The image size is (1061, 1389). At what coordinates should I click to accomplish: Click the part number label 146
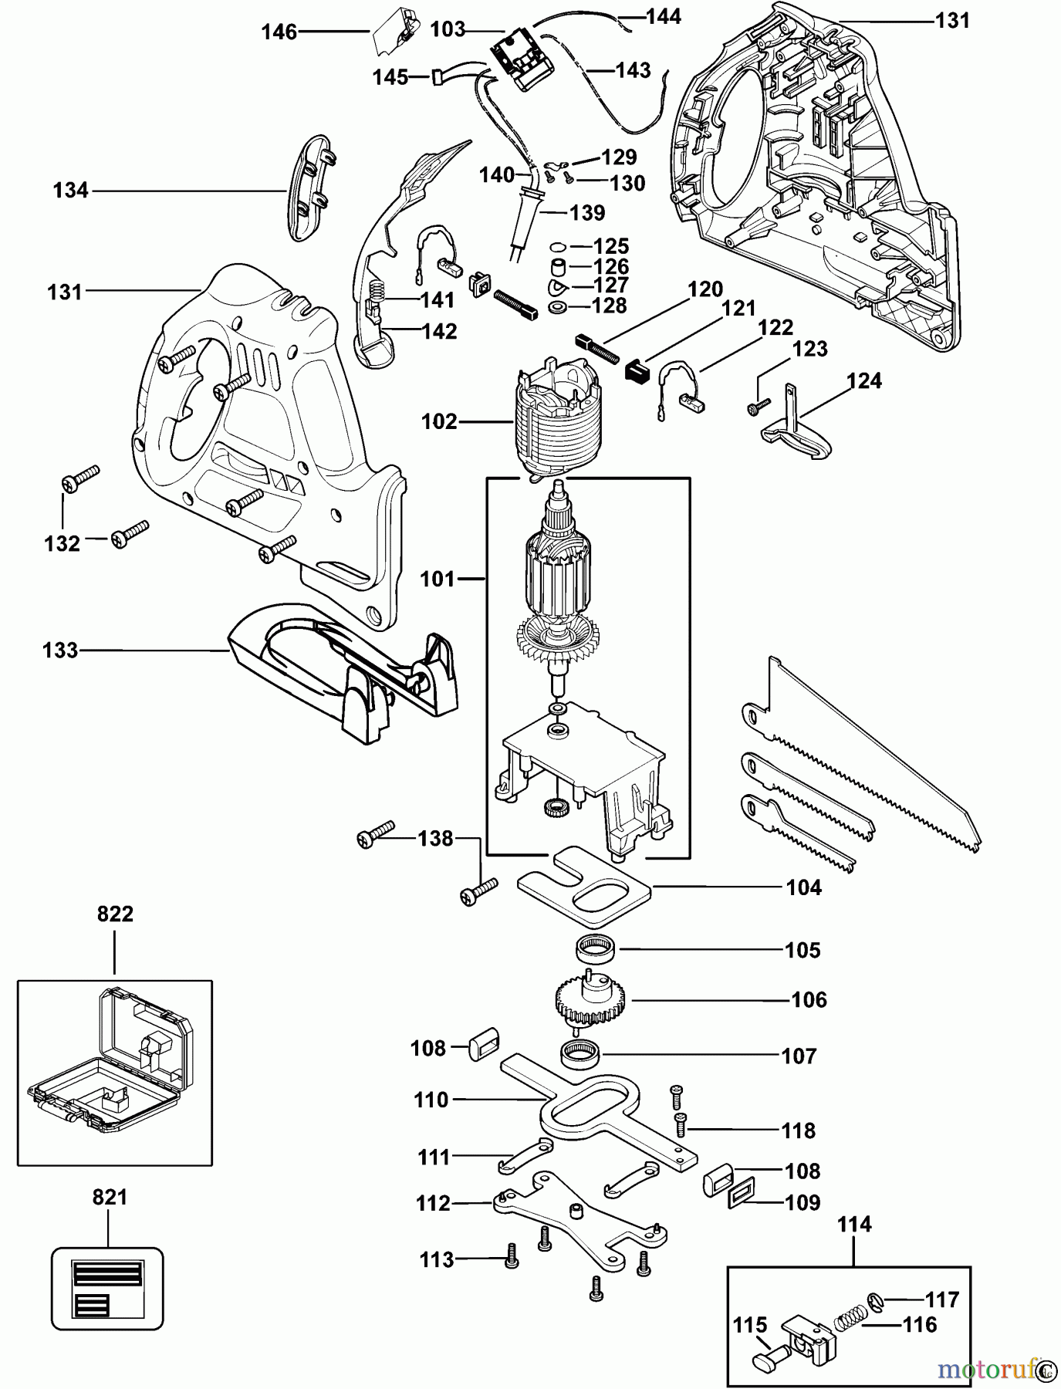[279, 32]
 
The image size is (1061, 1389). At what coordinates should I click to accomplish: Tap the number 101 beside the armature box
[438, 579]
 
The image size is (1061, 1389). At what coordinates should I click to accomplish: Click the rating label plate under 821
[107, 1287]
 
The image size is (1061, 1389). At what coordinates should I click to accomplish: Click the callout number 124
[863, 381]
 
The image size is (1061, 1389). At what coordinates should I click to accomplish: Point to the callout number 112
[433, 1203]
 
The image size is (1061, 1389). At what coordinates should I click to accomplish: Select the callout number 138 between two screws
[435, 838]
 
